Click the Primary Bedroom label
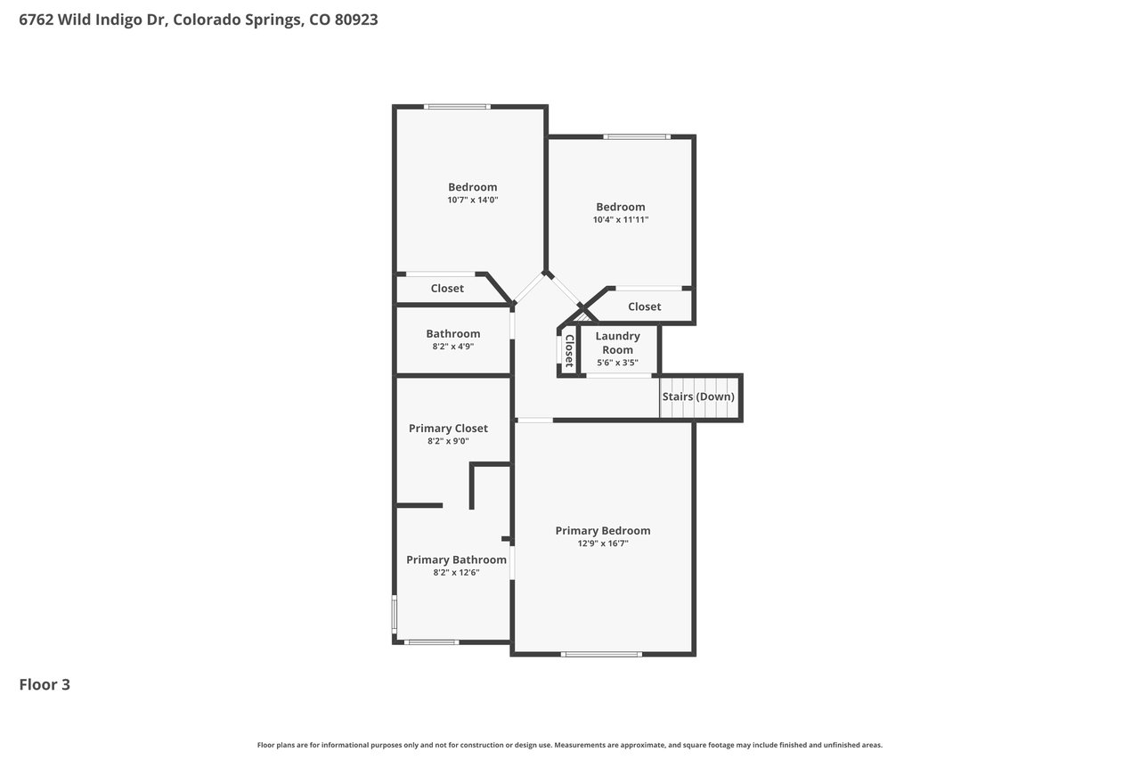pyautogui.click(x=603, y=530)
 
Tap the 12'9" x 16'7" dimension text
pyautogui.click(x=603, y=543)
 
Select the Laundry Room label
pyautogui.click(x=617, y=343)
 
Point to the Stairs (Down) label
pyautogui.click(x=698, y=396)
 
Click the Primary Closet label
pyautogui.click(x=448, y=428)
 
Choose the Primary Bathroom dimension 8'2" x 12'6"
pyautogui.click(x=456, y=572)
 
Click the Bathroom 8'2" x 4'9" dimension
pyautogui.click(x=453, y=347)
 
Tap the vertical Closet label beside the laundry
pyautogui.click(x=569, y=351)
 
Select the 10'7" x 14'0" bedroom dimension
pyautogui.click(x=472, y=200)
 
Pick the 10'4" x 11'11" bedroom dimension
pyautogui.click(x=621, y=219)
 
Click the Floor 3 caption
pyautogui.click(x=45, y=684)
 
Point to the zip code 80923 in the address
pyautogui.click(x=356, y=20)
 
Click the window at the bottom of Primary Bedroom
pyautogui.click(x=601, y=654)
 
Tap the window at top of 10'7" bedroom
pyautogui.click(x=457, y=107)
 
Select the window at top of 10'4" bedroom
pyautogui.click(x=637, y=136)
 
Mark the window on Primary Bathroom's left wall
pyautogui.click(x=394, y=614)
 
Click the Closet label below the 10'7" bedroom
pyautogui.click(x=447, y=288)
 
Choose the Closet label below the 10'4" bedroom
pyautogui.click(x=644, y=306)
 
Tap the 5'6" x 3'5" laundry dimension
pyautogui.click(x=617, y=363)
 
